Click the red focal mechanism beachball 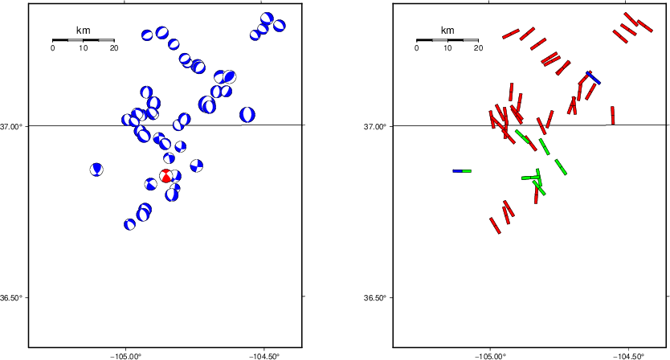click(165, 176)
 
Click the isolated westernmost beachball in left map click(96, 170)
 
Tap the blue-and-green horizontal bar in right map click(462, 171)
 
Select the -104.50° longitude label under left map click(266, 356)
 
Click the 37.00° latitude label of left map click(12, 126)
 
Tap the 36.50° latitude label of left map click(12, 297)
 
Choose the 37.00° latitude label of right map click(376, 126)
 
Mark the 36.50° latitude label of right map click(376, 297)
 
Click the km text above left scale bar click(84, 30)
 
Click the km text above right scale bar click(447, 30)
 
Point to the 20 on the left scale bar click(114, 48)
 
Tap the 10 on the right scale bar click(447, 48)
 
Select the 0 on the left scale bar click(52, 48)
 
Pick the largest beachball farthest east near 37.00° click(247, 115)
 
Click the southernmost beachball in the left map click(129, 224)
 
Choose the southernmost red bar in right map click(495, 226)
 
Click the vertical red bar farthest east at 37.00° click(613, 116)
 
